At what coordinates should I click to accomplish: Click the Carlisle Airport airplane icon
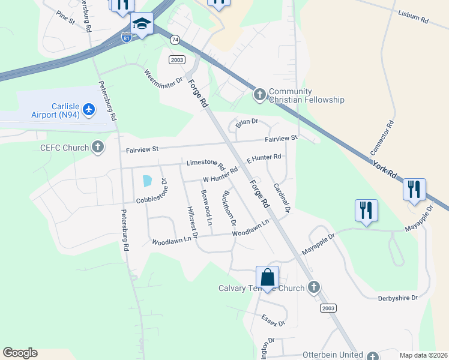click(89, 109)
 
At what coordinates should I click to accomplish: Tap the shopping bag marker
click(268, 277)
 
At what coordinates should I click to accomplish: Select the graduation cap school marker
click(142, 24)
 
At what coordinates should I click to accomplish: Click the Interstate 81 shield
click(126, 38)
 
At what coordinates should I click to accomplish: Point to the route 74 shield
click(175, 40)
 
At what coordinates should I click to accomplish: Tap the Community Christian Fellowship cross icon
click(260, 94)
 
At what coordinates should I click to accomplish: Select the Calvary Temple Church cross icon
click(313, 288)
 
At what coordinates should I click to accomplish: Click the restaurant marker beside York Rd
click(414, 190)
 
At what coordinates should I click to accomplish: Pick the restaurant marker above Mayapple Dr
click(366, 211)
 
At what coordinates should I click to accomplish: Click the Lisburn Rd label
click(412, 16)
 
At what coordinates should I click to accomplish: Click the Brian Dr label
click(246, 122)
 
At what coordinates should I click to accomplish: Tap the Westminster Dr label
click(163, 77)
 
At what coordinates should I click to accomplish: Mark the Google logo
click(20, 353)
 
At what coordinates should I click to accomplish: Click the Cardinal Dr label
click(282, 197)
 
